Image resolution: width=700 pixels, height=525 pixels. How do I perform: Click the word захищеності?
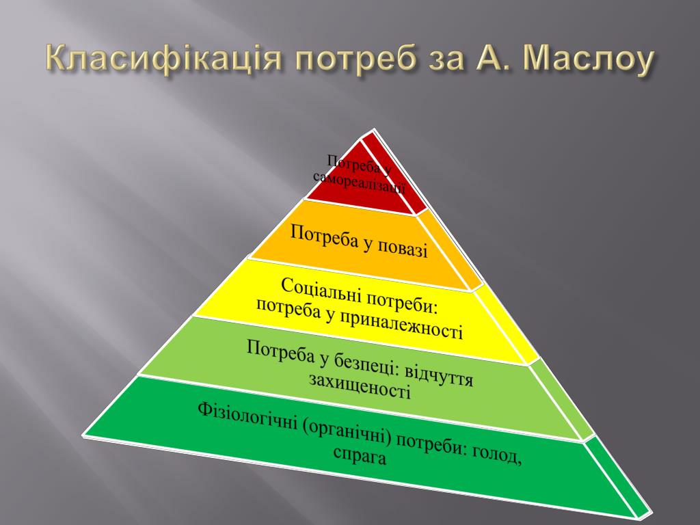tap(360, 387)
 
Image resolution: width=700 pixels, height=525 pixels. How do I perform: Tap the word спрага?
tap(360, 455)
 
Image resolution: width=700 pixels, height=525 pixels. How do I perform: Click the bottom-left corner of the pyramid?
tap(83, 434)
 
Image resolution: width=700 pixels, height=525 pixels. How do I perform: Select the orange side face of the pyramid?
tap(452, 250)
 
